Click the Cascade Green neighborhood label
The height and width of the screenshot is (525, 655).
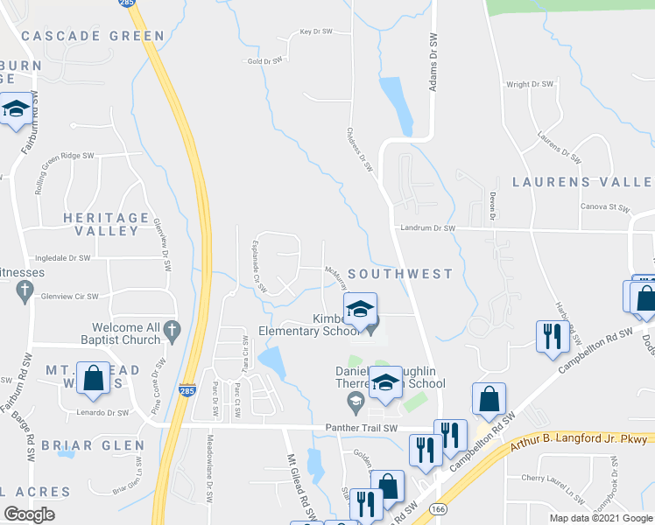(93, 36)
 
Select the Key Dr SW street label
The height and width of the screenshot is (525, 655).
(316, 31)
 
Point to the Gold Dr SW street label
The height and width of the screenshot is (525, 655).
(265, 61)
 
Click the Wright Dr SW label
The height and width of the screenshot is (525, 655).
(530, 85)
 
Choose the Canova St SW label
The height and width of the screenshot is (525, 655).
(605, 208)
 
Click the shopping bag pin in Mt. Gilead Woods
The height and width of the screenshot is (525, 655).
(94, 377)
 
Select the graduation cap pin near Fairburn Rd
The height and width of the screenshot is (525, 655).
(15, 111)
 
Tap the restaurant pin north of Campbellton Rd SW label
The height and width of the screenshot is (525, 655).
(552, 336)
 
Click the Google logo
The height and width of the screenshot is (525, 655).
(29, 514)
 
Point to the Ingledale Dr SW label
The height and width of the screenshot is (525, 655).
(62, 258)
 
